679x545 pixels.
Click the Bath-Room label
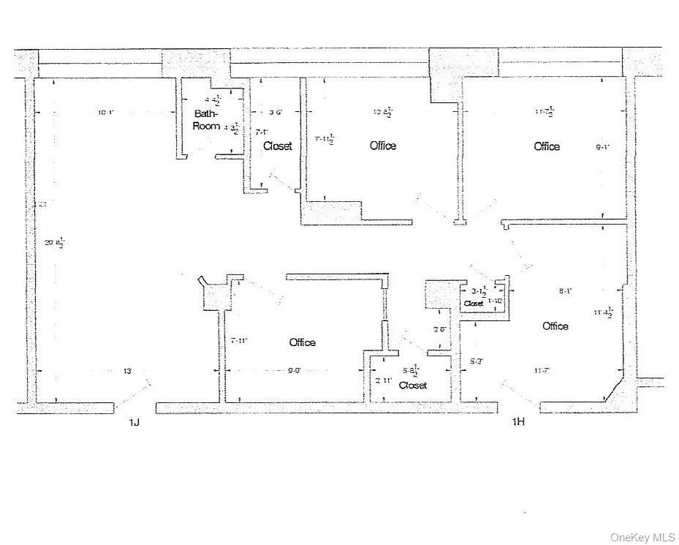click(206, 120)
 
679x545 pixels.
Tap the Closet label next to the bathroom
click(277, 146)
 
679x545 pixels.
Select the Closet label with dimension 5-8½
click(412, 385)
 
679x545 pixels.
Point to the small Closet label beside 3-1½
click(473, 303)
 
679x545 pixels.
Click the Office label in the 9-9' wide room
click(302, 342)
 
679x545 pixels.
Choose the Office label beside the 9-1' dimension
click(547, 146)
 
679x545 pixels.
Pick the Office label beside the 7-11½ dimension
click(383, 146)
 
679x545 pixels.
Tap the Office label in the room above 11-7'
click(555, 326)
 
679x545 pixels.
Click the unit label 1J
click(134, 422)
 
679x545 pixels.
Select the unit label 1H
click(518, 422)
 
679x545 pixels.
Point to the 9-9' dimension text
click(295, 371)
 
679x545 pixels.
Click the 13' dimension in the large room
click(127, 372)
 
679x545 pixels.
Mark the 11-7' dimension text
click(542, 370)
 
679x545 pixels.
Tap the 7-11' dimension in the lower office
click(240, 340)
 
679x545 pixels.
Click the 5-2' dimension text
click(475, 361)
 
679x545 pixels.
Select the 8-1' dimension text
click(565, 290)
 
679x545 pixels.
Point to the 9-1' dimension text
click(602, 147)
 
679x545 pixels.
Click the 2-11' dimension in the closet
click(384, 380)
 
